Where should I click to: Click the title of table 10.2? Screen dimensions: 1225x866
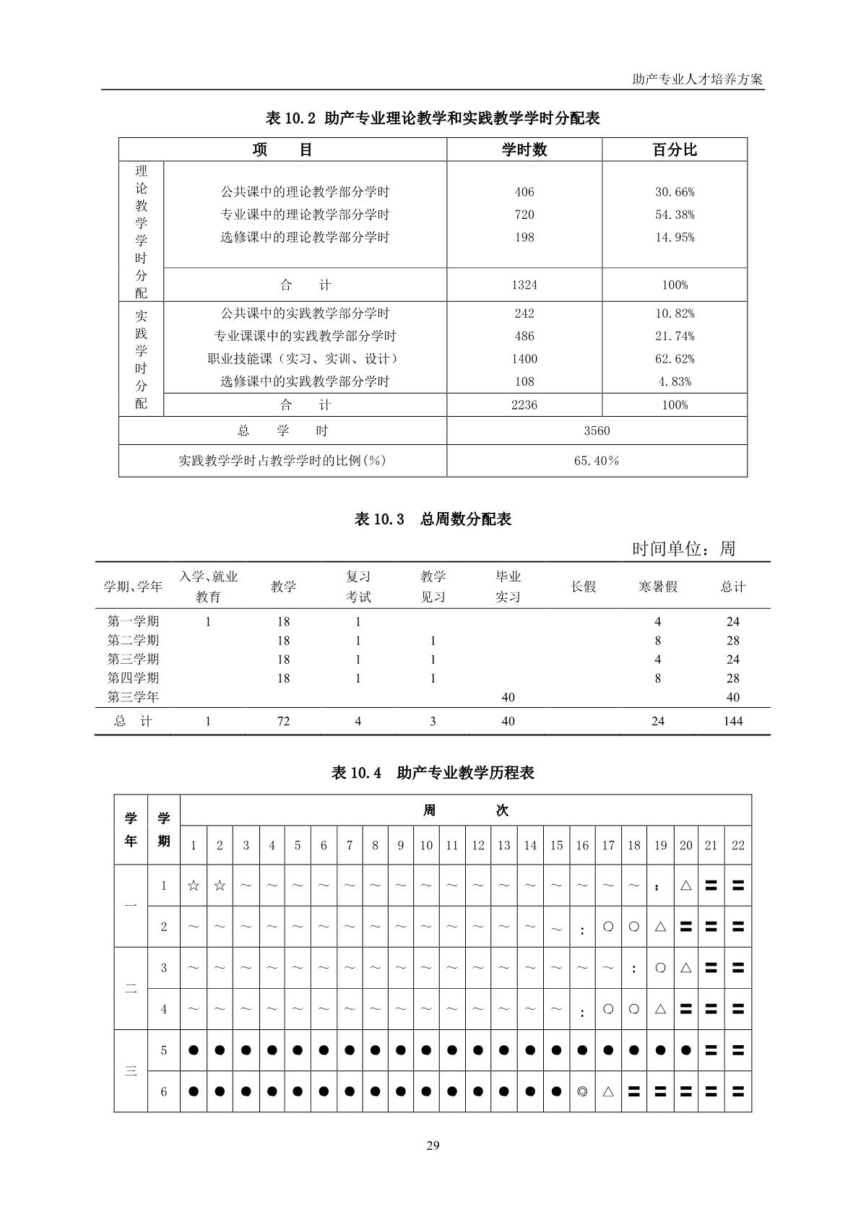(x=433, y=118)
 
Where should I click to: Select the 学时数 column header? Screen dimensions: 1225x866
(x=524, y=150)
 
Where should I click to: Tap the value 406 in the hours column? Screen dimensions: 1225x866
(x=524, y=192)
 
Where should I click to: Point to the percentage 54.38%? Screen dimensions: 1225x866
(x=675, y=215)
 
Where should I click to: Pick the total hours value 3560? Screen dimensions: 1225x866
(x=597, y=431)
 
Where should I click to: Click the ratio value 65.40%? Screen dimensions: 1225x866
(x=597, y=461)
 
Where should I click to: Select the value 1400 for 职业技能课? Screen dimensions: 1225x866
(x=524, y=359)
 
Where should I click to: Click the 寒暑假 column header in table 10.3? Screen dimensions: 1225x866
(x=657, y=586)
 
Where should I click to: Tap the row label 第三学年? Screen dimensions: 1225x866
(x=133, y=697)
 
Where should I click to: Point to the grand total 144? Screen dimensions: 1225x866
(x=732, y=721)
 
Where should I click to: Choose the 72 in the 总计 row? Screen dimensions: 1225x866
(x=283, y=721)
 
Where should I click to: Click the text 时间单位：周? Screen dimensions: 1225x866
(x=683, y=549)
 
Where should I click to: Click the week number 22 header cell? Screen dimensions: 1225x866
(x=737, y=846)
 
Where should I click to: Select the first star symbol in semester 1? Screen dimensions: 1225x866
(x=193, y=886)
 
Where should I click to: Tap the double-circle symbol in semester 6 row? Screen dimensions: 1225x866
(x=582, y=1091)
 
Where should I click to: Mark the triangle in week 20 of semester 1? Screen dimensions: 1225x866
(x=685, y=886)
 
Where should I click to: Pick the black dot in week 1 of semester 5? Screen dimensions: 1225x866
(x=193, y=1050)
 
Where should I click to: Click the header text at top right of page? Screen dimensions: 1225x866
(x=697, y=79)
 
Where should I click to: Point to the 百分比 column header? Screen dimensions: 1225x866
(x=675, y=150)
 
